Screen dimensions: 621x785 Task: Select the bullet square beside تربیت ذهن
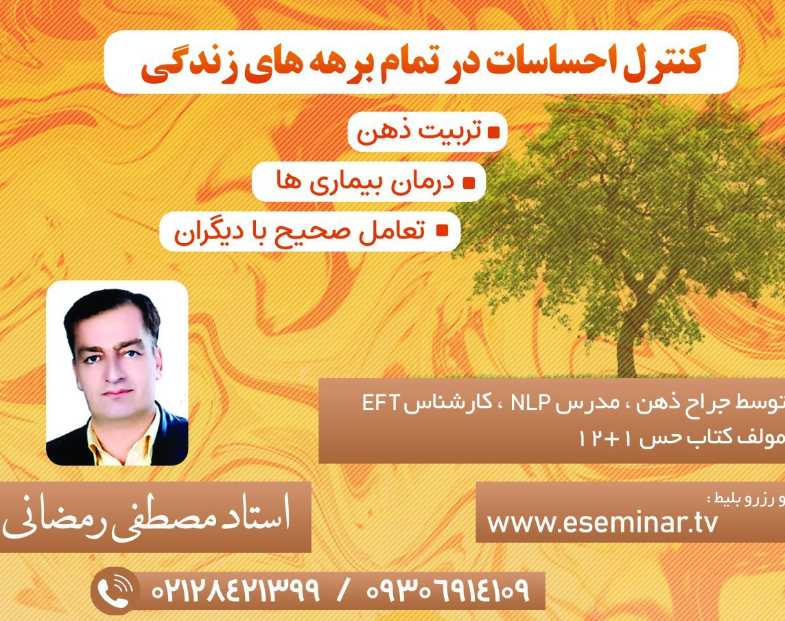point(493,131)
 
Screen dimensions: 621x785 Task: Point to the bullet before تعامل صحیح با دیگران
point(443,230)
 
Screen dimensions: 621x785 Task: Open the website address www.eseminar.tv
point(602,522)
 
